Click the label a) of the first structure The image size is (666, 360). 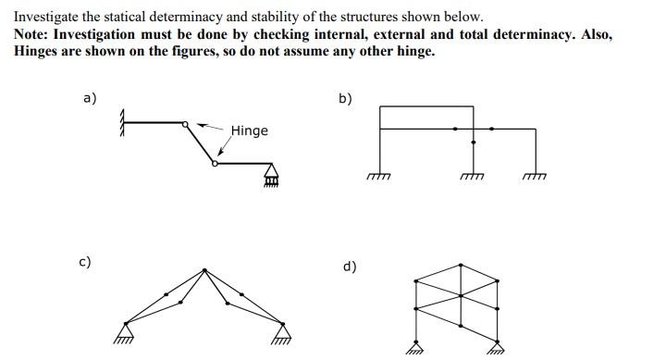(90, 98)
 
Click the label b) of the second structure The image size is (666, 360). (345, 98)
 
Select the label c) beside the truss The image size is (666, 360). (84, 262)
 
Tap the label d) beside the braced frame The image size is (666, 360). (350, 267)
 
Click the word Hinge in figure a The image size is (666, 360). (249, 130)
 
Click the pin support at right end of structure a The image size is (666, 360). (272, 174)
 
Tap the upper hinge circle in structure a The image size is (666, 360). (186, 124)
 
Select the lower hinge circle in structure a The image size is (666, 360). (215, 163)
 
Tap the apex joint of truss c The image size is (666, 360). (203, 269)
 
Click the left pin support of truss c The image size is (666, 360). (125, 330)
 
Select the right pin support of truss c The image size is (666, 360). (282, 330)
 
